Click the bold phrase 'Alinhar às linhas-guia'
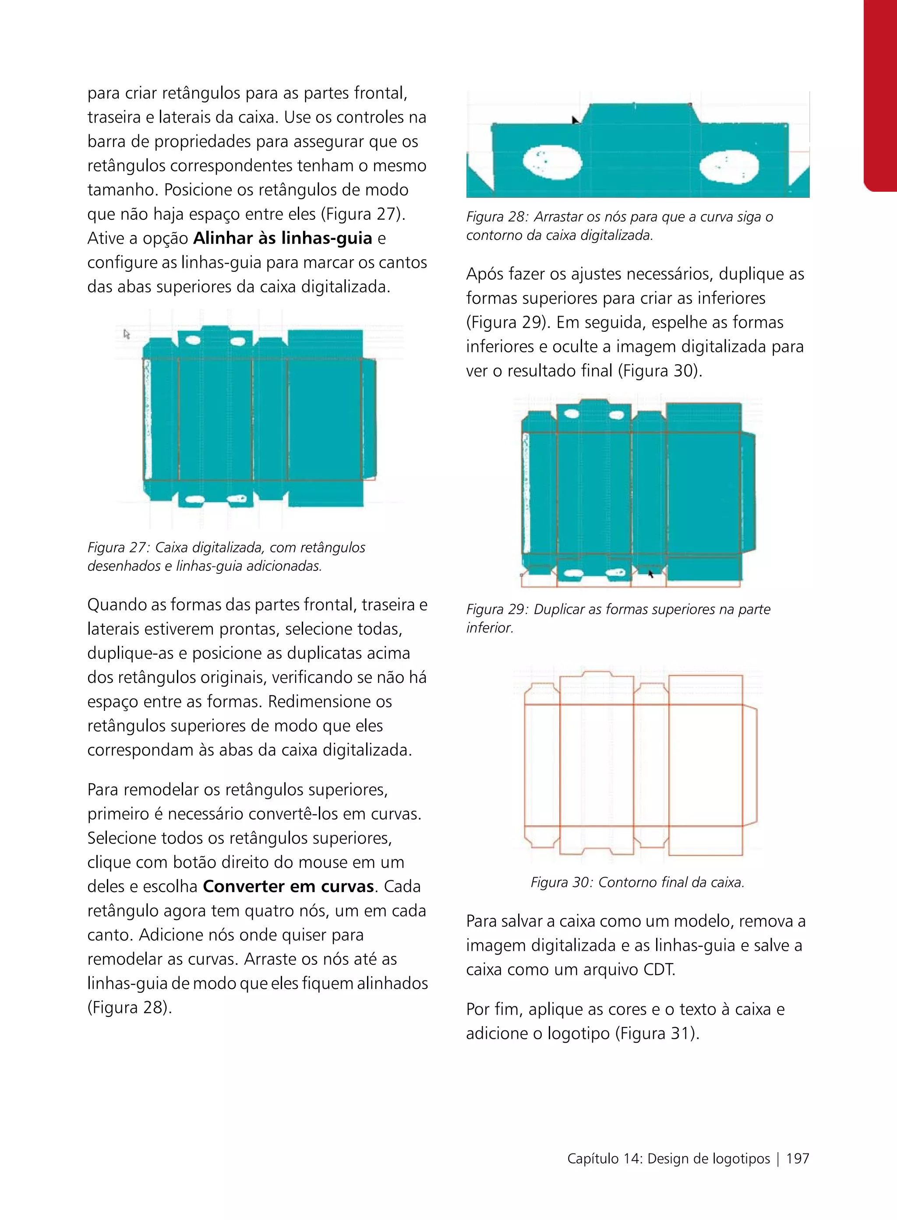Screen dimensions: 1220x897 tap(283, 238)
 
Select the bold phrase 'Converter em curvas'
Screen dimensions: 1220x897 tap(288, 886)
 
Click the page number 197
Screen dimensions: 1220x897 tap(797, 1159)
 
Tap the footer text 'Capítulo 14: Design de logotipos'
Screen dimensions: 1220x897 tap(668, 1159)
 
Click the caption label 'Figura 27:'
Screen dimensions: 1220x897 tap(118, 548)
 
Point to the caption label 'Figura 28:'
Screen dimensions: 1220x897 tap(497, 217)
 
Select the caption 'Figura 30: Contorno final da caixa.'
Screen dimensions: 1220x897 tap(637, 882)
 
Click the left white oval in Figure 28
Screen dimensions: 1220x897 tap(552, 162)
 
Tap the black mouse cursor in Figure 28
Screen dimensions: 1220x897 tap(576, 120)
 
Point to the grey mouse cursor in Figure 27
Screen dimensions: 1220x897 tap(127, 334)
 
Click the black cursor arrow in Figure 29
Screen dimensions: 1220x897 tap(650, 573)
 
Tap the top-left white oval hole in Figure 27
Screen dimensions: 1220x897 tap(193, 341)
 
